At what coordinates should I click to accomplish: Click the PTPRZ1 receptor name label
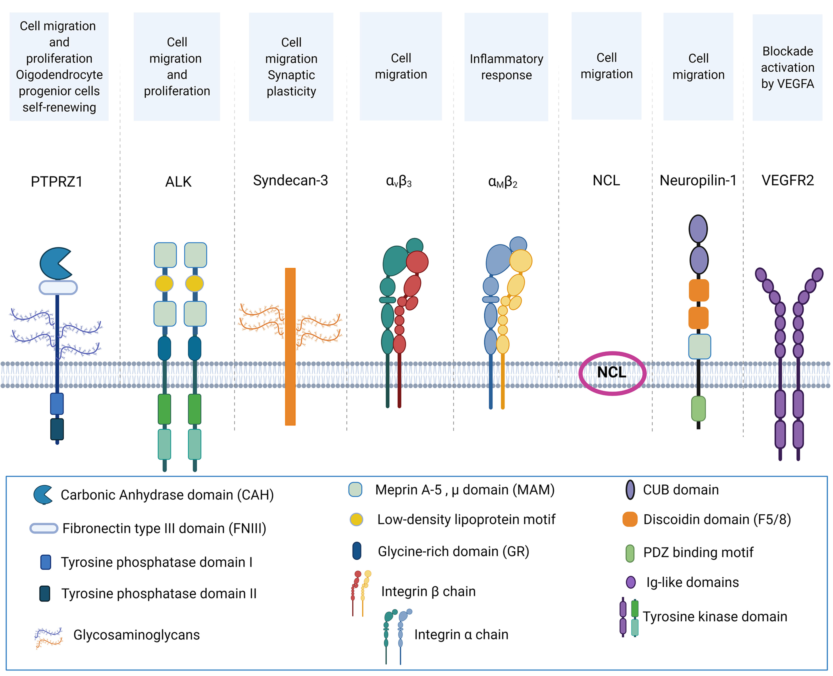[57, 182]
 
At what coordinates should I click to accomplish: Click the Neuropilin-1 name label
[698, 180]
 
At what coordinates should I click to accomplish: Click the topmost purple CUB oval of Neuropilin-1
[698, 229]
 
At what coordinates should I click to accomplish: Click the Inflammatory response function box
[506, 67]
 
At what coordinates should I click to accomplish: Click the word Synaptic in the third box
[291, 75]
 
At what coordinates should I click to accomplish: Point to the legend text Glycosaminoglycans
[137, 635]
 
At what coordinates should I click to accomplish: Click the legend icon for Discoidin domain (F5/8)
[630, 519]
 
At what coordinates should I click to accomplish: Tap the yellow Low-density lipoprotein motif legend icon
[356, 519]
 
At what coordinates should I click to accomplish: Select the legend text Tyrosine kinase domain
[715, 616]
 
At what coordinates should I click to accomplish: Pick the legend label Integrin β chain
[428, 591]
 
